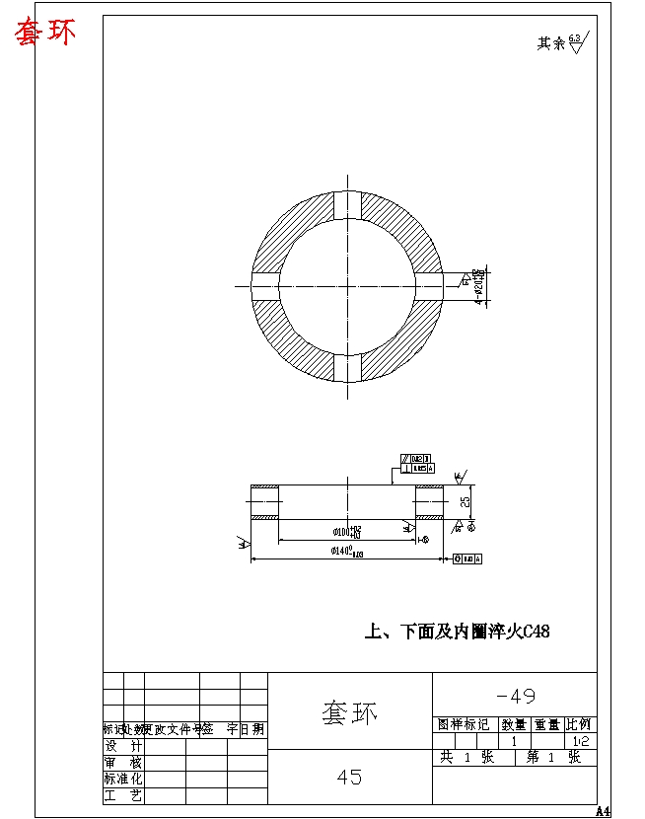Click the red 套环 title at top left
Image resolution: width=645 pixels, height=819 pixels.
43,33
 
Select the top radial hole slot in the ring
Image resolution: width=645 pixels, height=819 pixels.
347,205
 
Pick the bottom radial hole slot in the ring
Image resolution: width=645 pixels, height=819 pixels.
347,367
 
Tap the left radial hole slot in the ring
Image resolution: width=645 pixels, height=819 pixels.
266,286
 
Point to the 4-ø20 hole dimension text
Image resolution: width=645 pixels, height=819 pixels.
478,286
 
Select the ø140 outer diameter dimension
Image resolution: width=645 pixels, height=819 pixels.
347,553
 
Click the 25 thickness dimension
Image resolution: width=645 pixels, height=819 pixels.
466,501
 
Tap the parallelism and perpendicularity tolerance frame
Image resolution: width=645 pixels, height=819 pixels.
414,464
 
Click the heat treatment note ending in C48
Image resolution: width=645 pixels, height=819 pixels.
457,632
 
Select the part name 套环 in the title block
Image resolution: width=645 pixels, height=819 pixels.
349,711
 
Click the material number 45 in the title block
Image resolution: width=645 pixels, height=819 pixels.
349,778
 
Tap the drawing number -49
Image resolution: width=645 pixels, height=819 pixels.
514,696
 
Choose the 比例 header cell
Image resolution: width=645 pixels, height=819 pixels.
579,725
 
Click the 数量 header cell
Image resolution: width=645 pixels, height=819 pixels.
514,725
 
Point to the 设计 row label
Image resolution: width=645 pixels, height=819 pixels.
123,746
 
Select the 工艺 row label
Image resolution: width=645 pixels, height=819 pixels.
123,795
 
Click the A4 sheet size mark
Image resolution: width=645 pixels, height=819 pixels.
603,811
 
